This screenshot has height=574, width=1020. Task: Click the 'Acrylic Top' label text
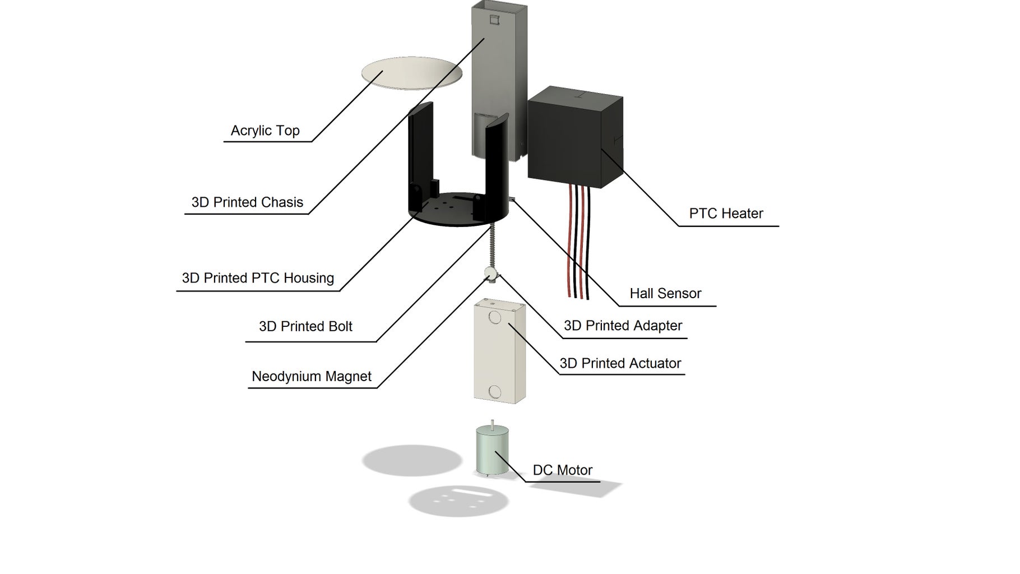(x=265, y=131)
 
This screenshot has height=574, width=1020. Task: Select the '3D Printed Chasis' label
(x=247, y=202)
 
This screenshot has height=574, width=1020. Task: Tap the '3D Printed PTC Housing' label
(x=258, y=278)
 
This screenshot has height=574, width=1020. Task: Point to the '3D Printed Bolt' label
(x=305, y=326)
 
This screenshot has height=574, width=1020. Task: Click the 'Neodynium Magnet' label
(x=312, y=376)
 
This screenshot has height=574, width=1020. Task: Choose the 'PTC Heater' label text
(x=726, y=214)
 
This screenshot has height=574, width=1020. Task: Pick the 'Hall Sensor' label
(x=665, y=293)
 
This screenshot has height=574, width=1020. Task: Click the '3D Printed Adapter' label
(x=623, y=326)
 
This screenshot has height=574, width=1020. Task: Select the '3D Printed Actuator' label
(x=620, y=363)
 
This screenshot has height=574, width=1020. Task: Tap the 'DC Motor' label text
(x=562, y=470)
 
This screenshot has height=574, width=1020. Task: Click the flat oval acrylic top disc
(x=412, y=73)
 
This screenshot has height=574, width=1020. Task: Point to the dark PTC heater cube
(x=574, y=137)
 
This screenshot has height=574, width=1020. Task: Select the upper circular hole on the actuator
(x=494, y=318)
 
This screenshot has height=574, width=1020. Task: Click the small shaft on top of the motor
(x=492, y=424)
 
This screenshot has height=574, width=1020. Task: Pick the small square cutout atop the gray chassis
(x=494, y=20)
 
